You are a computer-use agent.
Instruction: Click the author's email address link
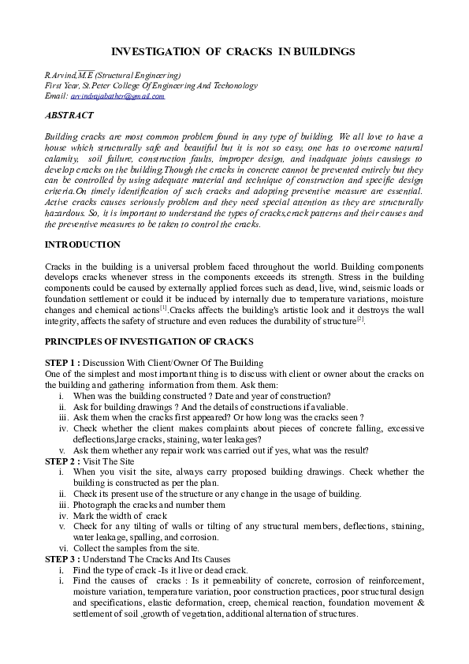click(x=117, y=96)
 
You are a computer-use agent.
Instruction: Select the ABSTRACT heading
click(x=69, y=115)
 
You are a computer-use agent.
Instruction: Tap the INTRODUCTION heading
click(x=83, y=244)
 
